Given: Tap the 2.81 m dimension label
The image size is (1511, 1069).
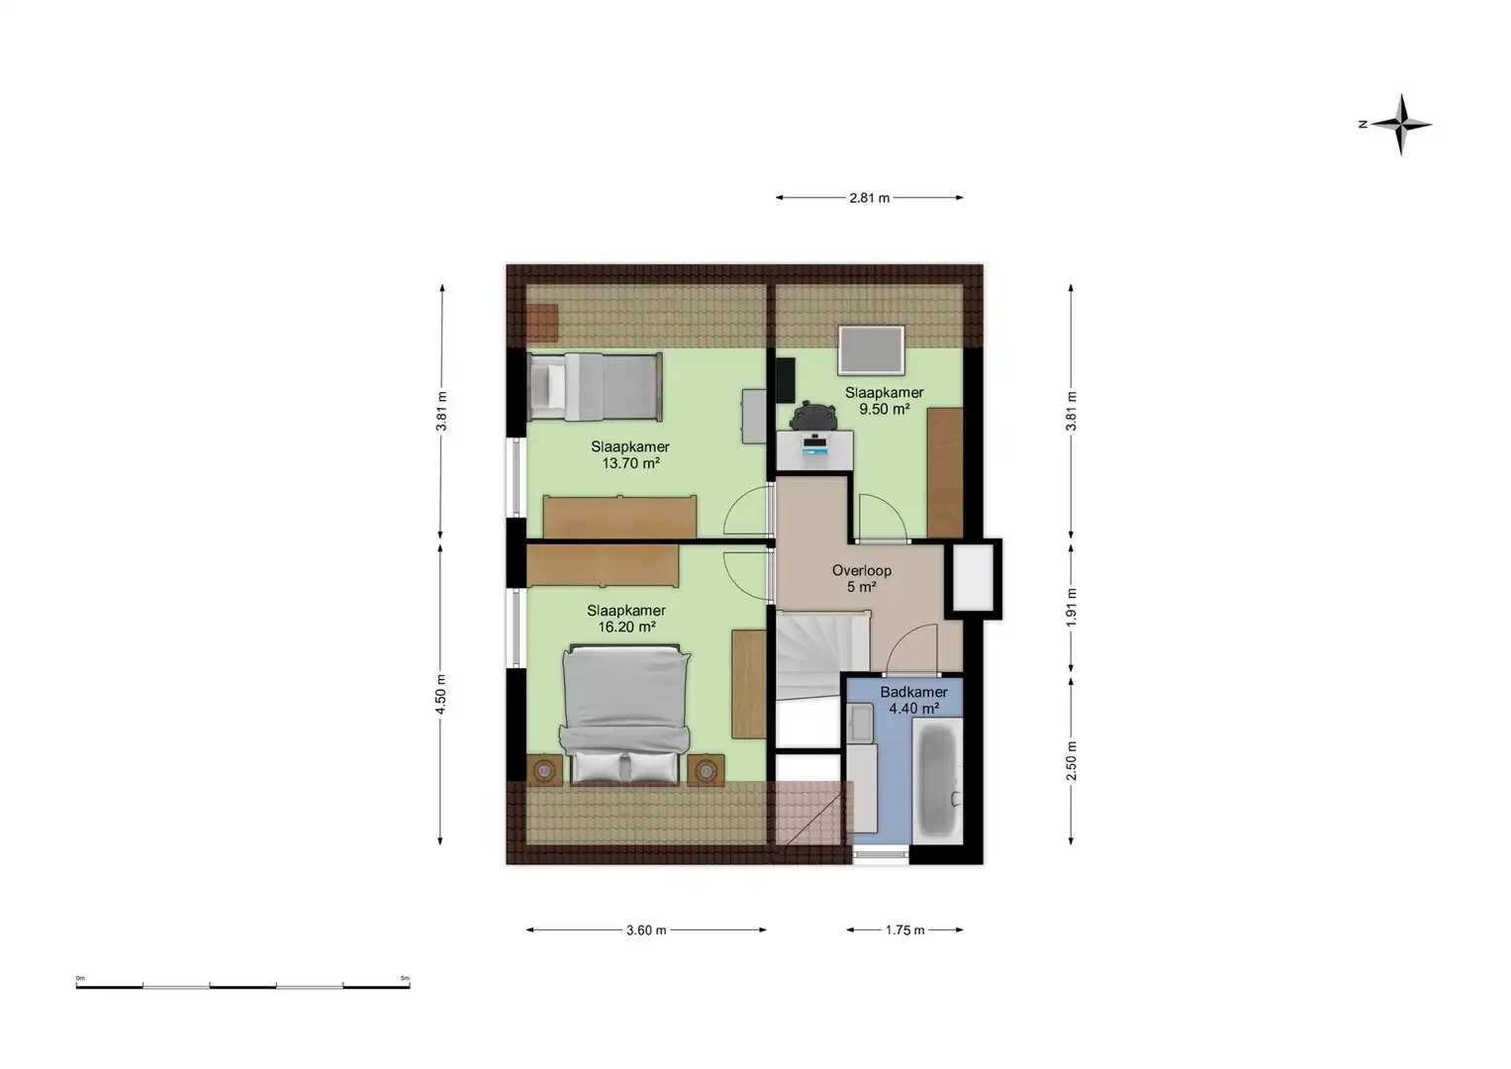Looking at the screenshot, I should (x=869, y=198).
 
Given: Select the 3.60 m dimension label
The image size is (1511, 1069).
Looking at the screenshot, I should (x=646, y=930).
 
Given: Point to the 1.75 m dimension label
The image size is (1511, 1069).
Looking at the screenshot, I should (x=904, y=930).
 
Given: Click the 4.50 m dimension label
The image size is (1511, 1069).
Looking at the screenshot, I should (x=441, y=692).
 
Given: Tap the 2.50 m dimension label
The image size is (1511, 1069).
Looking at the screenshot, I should (x=1071, y=760).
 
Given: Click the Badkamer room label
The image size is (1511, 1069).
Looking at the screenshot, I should (x=913, y=693).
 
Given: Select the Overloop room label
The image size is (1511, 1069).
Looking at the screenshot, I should (x=861, y=571).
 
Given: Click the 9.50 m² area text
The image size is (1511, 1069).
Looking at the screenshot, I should (x=884, y=409).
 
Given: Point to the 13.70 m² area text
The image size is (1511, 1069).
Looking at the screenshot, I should (x=630, y=463).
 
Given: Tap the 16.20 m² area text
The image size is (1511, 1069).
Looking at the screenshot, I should (x=625, y=628).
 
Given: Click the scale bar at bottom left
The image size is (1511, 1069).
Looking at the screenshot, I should (x=242, y=985).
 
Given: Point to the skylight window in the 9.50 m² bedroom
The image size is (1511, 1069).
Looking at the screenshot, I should (x=871, y=350).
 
